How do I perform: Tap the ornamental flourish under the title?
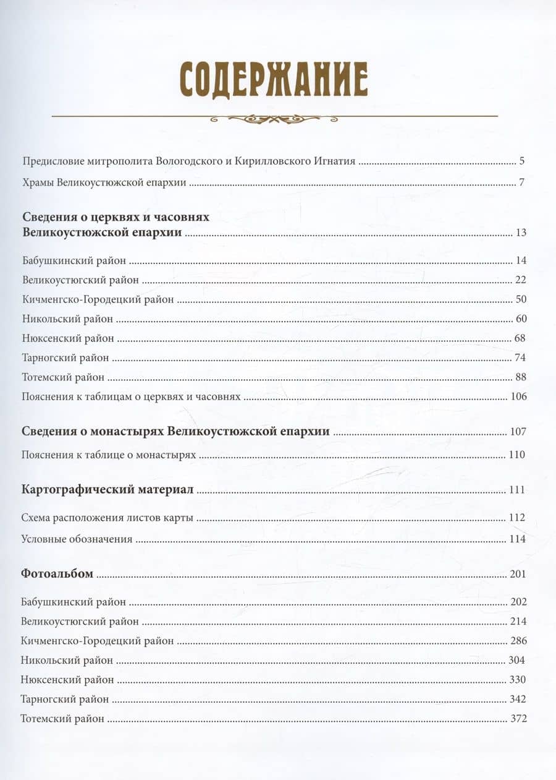click(274, 118)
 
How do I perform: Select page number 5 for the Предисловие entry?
click(522, 161)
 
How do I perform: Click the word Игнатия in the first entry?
click(334, 161)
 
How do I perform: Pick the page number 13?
click(520, 233)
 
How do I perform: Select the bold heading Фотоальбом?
click(57, 574)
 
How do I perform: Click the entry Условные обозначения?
click(77, 539)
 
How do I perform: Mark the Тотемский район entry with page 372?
click(62, 719)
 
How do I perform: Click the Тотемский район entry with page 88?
click(62, 377)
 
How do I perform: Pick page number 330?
click(518, 680)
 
